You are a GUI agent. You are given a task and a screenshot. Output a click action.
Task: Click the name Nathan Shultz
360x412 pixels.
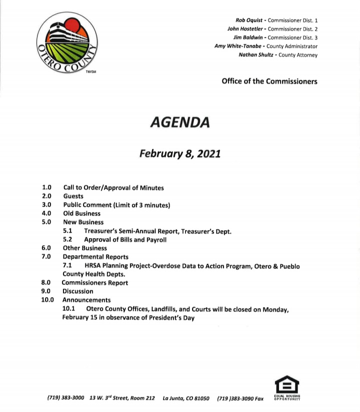pyautogui.click(x=255, y=55)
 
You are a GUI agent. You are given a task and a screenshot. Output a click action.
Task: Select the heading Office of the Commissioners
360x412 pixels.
pyautogui.click(x=269, y=81)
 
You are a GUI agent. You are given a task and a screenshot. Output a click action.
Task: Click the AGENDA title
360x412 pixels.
pyautogui.click(x=180, y=122)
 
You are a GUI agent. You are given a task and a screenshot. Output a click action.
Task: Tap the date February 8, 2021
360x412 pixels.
pyautogui.click(x=180, y=154)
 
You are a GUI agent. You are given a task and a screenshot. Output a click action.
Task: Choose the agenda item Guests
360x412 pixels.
pyautogui.click(x=73, y=196)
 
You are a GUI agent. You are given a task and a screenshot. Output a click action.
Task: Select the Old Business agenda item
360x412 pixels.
pyautogui.click(x=81, y=213)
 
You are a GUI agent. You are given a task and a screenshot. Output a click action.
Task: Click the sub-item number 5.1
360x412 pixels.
pyautogui.click(x=68, y=231)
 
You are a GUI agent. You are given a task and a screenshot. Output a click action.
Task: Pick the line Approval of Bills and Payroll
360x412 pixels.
pyautogui.click(x=125, y=239)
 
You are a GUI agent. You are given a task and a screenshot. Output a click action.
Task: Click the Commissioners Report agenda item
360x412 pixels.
pyautogui.click(x=95, y=283)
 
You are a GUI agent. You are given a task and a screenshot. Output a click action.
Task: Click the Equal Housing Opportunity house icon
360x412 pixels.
pyautogui.click(x=287, y=386)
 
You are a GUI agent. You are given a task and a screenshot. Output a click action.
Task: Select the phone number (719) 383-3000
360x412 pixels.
pyautogui.click(x=66, y=399)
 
